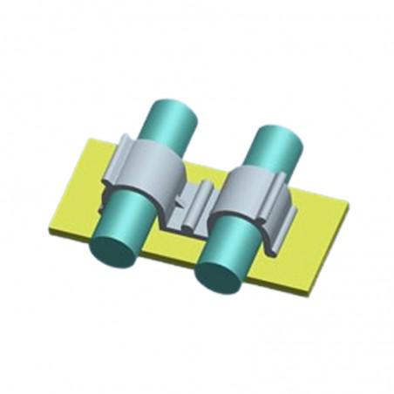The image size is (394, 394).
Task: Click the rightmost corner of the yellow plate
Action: coord(349,207)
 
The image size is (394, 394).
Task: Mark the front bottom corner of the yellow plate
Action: coord(305,291)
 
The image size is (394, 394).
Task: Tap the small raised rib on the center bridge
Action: coord(203,196)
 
